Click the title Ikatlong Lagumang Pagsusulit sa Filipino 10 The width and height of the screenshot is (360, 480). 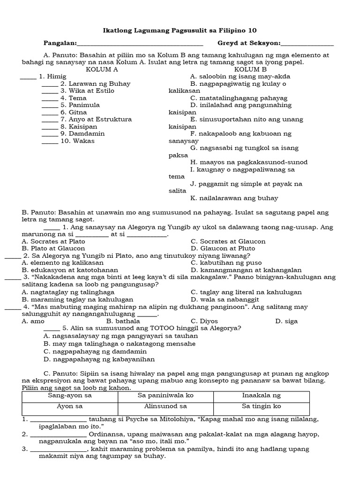pyautogui.click(x=180, y=30)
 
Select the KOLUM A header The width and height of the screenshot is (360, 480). pyautogui.click(x=102, y=69)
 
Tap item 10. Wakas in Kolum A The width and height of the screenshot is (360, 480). pyautogui.click(x=77, y=141)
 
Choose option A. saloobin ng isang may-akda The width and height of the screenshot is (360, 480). pyautogui.click(x=240, y=76)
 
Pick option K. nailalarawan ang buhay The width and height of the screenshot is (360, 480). pyautogui.click(x=234, y=198)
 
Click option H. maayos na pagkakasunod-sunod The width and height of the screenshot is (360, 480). pyautogui.click(x=248, y=162)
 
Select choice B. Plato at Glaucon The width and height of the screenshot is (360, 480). pyautogui.click(x=53, y=248)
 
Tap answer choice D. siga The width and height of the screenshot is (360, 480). pyautogui.click(x=286, y=322)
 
